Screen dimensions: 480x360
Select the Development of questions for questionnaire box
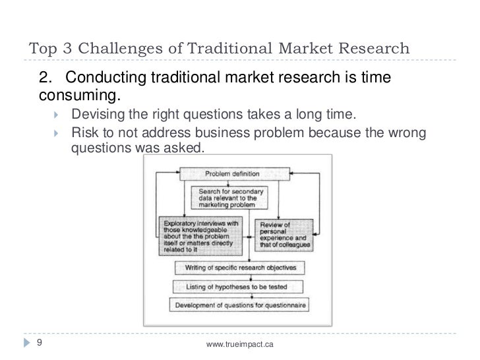tap(241, 305)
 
